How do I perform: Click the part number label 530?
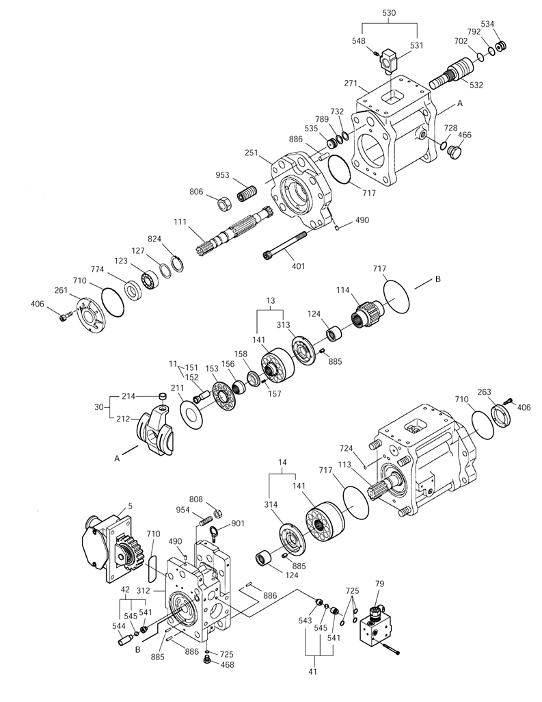pos(389,13)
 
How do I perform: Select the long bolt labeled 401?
pos(284,245)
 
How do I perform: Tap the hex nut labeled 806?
pos(224,204)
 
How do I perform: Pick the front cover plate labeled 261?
pos(93,317)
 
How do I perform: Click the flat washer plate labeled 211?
pos(191,411)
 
